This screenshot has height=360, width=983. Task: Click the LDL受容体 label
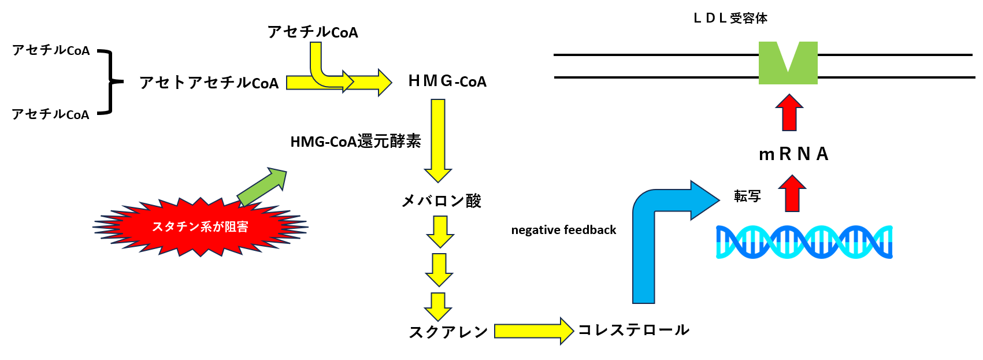coord(730,18)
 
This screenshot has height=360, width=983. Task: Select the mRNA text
coord(793,154)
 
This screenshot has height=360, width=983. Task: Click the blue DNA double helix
coord(804,242)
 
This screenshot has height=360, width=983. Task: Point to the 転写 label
coord(747,196)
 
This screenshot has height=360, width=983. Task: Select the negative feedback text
coord(563,230)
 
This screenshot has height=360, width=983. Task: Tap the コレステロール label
coord(633,330)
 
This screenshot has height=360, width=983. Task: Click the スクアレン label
coord(448,332)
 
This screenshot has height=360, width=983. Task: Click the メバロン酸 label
coord(442,201)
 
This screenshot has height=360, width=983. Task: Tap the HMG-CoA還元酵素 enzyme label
coord(355,142)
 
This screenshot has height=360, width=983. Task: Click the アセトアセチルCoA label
coord(209,83)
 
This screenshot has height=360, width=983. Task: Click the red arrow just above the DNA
coord(792,194)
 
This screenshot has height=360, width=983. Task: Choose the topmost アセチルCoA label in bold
coord(313,32)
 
